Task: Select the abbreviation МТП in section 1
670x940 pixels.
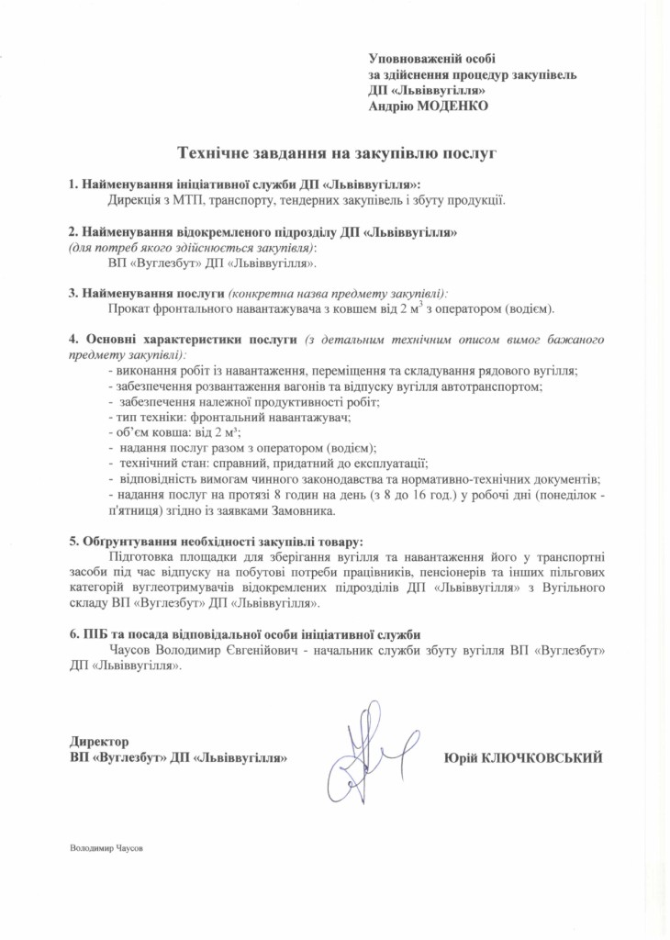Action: point(188,199)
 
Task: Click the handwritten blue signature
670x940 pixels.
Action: point(363,753)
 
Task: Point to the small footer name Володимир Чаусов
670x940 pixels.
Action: point(107,848)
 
